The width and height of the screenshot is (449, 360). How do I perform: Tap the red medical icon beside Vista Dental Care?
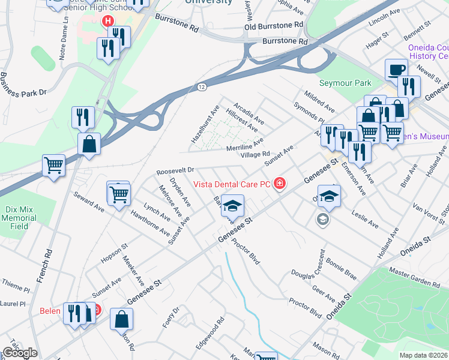(x=279, y=184)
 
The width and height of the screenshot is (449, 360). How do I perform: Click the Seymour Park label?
(x=345, y=83)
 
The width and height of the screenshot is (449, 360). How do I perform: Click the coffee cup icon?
(x=395, y=70)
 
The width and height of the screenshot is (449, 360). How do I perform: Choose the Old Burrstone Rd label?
(x=274, y=26)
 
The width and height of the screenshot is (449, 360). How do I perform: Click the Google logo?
(x=20, y=353)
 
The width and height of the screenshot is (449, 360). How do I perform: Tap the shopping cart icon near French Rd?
(x=53, y=164)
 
